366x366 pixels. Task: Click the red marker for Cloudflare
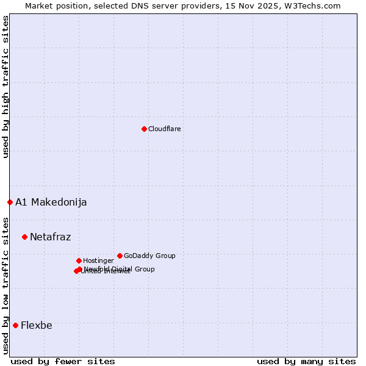pyautogui.click(x=144, y=129)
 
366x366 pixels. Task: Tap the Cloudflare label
pyautogui.click(x=165, y=129)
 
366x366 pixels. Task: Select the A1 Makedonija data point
pyautogui.click(x=10, y=202)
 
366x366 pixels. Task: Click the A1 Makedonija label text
pyautogui.click(x=51, y=203)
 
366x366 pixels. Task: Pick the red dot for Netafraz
pyautogui.click(x=24, y=237)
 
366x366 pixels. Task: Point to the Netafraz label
pyautogui.click(x=50, y=237)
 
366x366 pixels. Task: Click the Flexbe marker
pyautogui.click(x=15, y=325)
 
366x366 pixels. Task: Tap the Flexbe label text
pyautogui.click(x=36, y=326)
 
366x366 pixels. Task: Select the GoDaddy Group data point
pyautogui.click(x=120, y=256)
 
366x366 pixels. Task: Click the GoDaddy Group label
pyautogui.click(x=149, y=256)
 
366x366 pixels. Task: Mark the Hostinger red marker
pyautogui.click(x=79, y=260)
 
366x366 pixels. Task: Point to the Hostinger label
pyautogui.click(x=98, y=260)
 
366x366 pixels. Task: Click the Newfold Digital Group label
pyautogui.click(x=120, y=269)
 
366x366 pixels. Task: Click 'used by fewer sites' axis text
pyautogui.click(x=63, y=361)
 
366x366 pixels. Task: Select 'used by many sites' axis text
pyautogui.click(x=306, y=361)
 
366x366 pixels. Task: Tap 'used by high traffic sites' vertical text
pyautogui.click(x=5, y=87)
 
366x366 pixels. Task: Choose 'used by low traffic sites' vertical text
pyautogui.click(x=5, y=285)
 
